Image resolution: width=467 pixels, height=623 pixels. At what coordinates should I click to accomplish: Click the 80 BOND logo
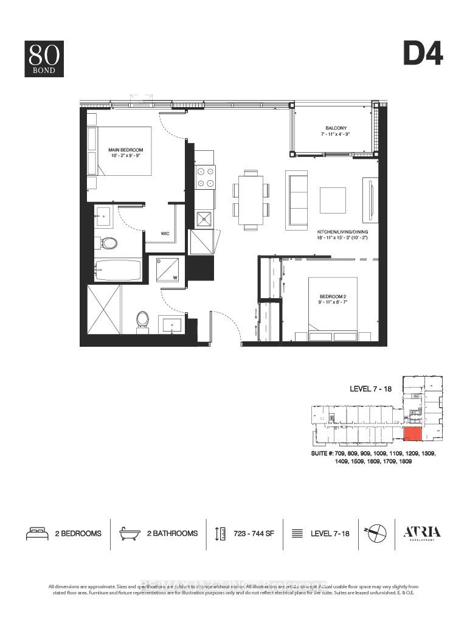pyautogui.click(x=44, y=58)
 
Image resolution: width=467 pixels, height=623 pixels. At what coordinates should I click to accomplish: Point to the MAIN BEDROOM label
pyautogui.click(x=126, y=153)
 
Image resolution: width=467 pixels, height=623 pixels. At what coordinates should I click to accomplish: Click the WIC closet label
pyautogui.click(x=165, y=232)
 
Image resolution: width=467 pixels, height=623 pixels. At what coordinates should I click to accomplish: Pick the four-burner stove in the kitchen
pyautogui.click(x=205, y=176)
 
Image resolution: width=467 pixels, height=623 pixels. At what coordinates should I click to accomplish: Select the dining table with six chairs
pyautogui.click(x=251, y=199)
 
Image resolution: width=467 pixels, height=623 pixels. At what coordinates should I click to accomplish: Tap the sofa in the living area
pyautogui.click(x=296, y=199)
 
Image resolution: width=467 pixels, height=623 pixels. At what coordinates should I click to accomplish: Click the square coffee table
pyautogui.click(x=333, y=200)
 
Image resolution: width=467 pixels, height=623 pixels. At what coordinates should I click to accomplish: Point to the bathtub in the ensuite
pyautogui.click(x=118, y=270)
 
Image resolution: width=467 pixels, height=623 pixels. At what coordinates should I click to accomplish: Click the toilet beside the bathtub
pyautogui.click(x=109, y=243)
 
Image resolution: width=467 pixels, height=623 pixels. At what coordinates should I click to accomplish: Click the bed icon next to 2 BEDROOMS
pyautogui.click(x=36, y=534)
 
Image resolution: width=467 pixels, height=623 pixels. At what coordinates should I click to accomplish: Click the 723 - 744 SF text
pyautogui.click(x=254, y=534)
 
